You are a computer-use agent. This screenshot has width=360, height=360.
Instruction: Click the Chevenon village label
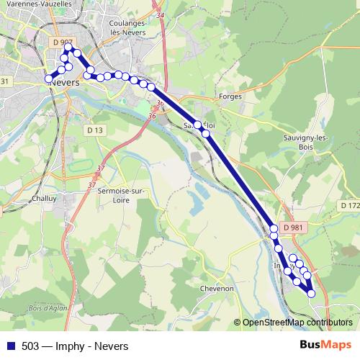(x=219, y=288)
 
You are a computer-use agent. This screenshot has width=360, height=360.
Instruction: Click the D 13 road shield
(x=94, y=130)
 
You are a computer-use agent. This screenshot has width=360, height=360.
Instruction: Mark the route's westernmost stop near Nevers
(x=49, y=78)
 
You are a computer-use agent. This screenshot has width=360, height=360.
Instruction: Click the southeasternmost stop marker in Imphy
(x=311, y=293)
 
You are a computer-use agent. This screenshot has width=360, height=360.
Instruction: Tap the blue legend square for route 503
(x=10, y=345)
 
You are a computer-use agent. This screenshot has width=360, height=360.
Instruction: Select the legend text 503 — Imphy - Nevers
(x=74, y=345)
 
